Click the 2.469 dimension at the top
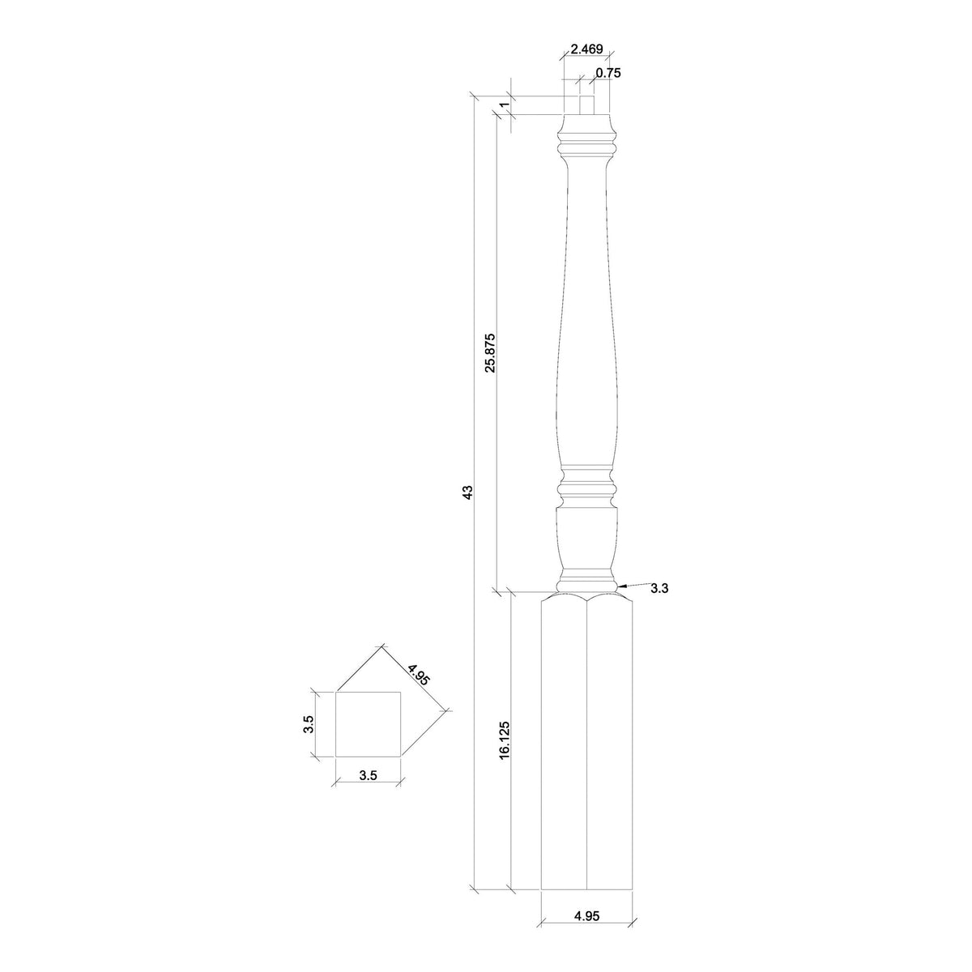[x=586, y=49]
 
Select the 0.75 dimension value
[x=607, y=73]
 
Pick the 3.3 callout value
[x=659, y=589]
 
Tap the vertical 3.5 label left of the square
[x=309, y=724]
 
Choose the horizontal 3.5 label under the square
[x=368, y=775]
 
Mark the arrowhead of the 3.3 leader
[x=620, y=585]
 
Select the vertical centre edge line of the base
[x=586, y=745]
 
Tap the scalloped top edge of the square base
[x=586, y=598]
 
